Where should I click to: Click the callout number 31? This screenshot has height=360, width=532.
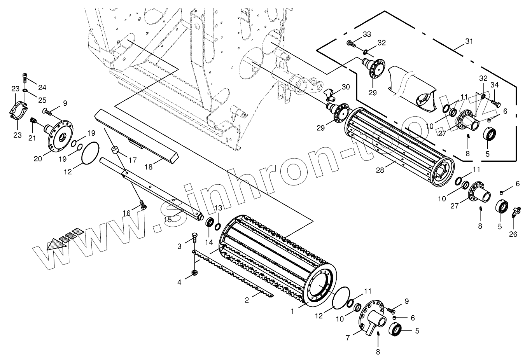tap(469, 41)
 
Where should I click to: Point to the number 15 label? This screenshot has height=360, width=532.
tap(167, 219)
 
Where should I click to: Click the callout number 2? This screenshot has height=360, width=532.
tap(247, 300)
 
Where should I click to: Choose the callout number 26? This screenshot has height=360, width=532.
tap(513, 234)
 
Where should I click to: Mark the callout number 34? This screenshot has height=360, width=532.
tap(494, 85)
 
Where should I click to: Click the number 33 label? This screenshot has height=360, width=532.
tap(367, 35)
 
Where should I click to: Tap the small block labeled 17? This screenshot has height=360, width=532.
tap(115, 150)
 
